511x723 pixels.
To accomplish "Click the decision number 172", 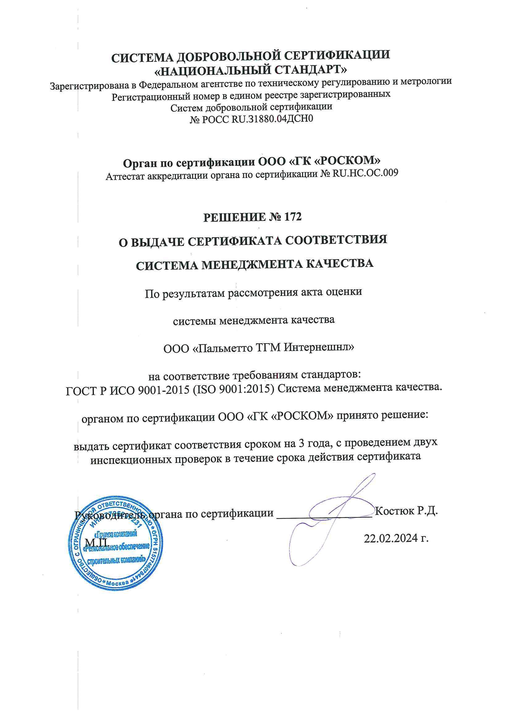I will [x=293, y=217].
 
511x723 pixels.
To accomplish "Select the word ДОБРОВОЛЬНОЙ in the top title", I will [x=224, y=56].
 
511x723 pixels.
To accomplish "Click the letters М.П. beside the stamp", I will [x=97, y=542].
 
